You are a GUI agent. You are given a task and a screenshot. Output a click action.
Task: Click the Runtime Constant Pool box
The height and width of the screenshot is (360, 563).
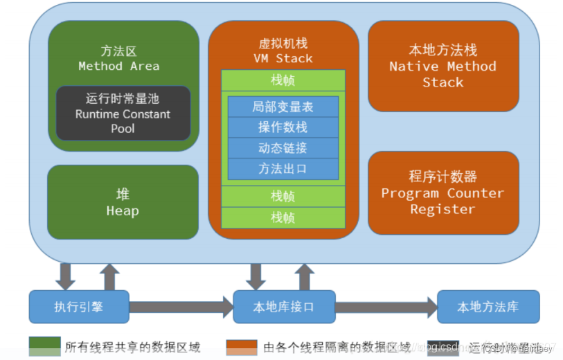(x=123, y=114)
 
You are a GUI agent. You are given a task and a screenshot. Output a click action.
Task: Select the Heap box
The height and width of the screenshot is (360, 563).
(x=123, y=202)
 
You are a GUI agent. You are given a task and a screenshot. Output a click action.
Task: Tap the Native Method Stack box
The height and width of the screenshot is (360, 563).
(x=443, y=66)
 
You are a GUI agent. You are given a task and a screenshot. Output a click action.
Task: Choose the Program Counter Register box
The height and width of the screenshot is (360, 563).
(x=443, y=193)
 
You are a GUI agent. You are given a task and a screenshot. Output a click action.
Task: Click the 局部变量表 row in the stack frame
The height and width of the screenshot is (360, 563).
(x=283, y=107)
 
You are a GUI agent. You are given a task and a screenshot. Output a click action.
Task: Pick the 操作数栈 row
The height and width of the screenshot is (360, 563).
(x=283, y=127)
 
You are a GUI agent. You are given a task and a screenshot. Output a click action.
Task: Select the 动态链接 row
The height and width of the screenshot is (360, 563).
(x=283, y=148)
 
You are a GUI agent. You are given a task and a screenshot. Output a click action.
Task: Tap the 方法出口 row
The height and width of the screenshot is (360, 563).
(x=283, y=169)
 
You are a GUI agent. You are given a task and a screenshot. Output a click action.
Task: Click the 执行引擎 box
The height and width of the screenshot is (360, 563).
(x=78, y=307)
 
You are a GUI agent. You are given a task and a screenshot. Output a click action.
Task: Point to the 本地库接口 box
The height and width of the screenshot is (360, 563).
(x=283, y=307)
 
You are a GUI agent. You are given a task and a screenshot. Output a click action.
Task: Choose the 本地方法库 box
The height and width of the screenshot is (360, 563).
(x=488, y=307)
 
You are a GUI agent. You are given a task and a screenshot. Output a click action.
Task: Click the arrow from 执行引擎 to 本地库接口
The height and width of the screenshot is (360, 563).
(x=180, y=307)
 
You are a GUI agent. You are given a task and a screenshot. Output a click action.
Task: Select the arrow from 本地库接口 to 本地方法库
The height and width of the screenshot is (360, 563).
(x=386, y=307)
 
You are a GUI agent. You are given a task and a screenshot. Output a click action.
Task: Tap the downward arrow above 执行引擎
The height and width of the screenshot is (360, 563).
(x=66, y=276)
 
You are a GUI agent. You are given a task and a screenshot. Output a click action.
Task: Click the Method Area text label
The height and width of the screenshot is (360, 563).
(x=118, y=66)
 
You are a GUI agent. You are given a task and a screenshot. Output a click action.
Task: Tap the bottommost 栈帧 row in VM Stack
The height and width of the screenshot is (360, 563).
(x=283, y=218)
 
